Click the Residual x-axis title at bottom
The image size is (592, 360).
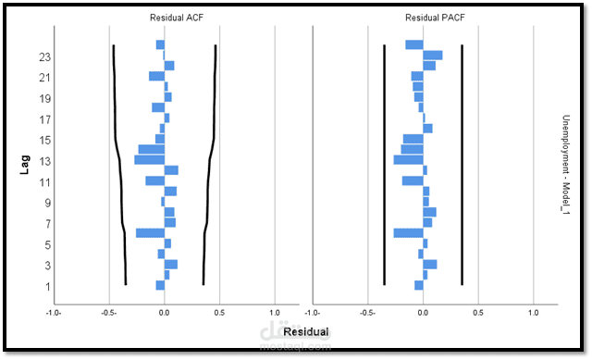coord(305,331)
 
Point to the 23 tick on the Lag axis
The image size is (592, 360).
coord(44,56)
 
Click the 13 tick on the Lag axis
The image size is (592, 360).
coord(44,161)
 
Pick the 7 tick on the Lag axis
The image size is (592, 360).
coord(44,223)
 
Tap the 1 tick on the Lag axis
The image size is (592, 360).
coord(45,286)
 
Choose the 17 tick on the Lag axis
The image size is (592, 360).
coord(44,119)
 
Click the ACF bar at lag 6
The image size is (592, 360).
coord(151,233)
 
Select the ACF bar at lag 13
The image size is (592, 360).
coord(150,160)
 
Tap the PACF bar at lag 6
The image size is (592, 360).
coord(409,233)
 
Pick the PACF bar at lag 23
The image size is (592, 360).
coord(433,56)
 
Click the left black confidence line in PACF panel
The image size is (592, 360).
coord(384,167)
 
